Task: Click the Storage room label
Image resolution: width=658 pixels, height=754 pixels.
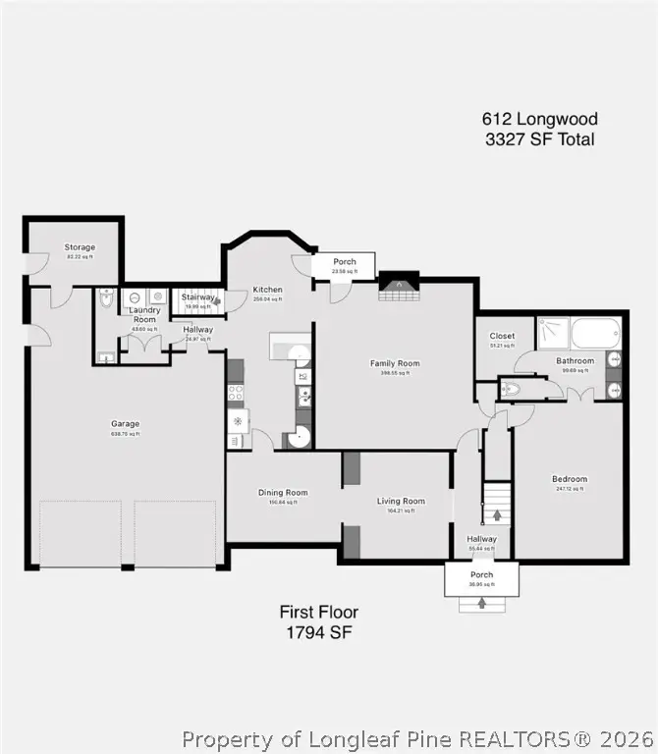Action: tap(80, 247)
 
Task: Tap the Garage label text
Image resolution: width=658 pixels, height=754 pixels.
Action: tap(125, 424)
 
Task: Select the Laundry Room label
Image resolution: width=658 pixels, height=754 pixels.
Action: tap(144, 314)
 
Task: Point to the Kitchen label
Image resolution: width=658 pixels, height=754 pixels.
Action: tap(267, 290)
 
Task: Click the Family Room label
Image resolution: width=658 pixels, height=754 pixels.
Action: tap(395, 363)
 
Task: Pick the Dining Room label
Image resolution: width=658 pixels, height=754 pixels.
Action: tap(283, 493)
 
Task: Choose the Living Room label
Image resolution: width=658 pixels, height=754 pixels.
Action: tap(401, 501)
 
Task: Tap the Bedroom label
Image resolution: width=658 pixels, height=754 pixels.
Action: tap(570, 479)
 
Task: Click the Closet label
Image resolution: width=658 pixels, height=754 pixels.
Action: tap(502, 336)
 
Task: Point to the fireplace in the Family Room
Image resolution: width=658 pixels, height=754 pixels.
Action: tap(398, 287)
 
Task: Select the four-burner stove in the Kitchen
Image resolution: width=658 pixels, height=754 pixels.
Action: tap(236, 394)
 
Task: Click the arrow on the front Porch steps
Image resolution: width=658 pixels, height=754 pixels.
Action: tap(481, 602)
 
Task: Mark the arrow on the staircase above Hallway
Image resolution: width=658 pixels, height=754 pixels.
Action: tap(497, 513)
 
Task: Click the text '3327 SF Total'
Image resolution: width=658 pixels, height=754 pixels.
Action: tap(539, 139)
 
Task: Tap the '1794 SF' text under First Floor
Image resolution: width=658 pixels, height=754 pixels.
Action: tap(318, 633)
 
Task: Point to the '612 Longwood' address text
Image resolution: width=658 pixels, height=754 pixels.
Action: tap(539, 119)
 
